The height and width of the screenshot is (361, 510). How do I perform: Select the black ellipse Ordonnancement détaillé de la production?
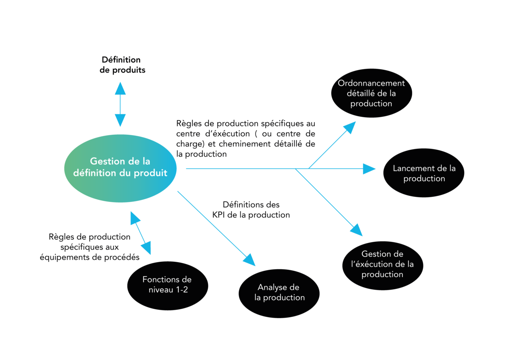click(x=371, y=93)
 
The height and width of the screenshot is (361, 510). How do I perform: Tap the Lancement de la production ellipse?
click(x=424, y=173)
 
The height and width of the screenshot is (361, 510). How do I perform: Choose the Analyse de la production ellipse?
click(x=279, y=293)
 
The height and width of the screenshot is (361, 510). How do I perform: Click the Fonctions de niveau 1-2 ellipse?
click(x=167, y=284)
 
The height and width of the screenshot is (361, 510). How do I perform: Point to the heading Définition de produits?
click(x=121, y=65)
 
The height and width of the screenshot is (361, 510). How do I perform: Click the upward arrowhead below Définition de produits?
click(x=120, y=88)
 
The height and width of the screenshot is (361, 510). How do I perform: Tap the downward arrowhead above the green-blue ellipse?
click(x=120, y=120)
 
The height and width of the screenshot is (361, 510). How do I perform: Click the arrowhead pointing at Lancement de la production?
click(x=369, y=169)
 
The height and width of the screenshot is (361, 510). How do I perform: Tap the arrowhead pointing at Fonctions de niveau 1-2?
click(x=146, y=248)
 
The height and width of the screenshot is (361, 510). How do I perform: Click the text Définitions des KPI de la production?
click(x=251, y=210)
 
